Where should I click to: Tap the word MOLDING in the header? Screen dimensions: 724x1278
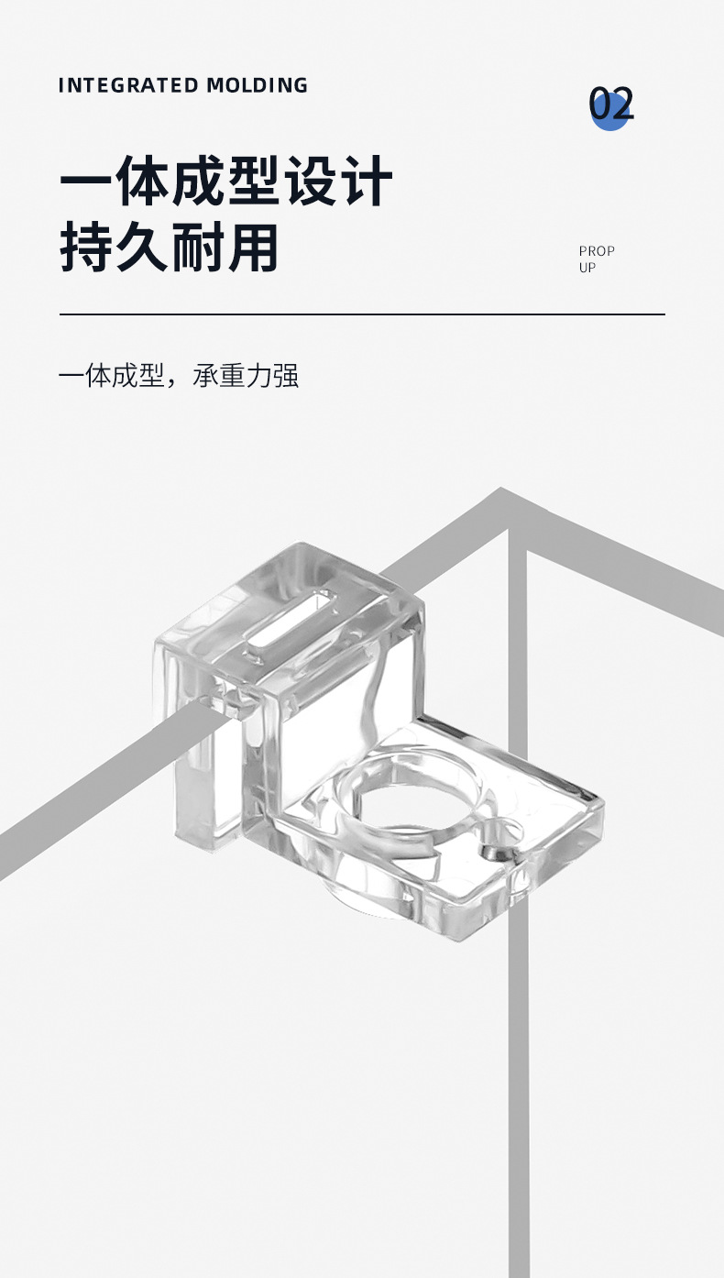tap(258, 85)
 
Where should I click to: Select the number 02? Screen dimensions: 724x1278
tap(611, 105)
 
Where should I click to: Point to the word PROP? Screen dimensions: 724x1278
tap(597, 250)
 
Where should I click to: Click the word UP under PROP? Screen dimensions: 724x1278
tap(587, 268)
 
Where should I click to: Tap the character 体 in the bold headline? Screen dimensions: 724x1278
tap(143, 182)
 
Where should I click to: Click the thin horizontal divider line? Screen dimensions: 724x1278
tap(362, 314)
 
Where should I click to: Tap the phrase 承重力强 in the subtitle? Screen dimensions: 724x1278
tap(247, 376)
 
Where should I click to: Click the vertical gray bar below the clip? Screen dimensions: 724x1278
tap(519, 1100)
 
